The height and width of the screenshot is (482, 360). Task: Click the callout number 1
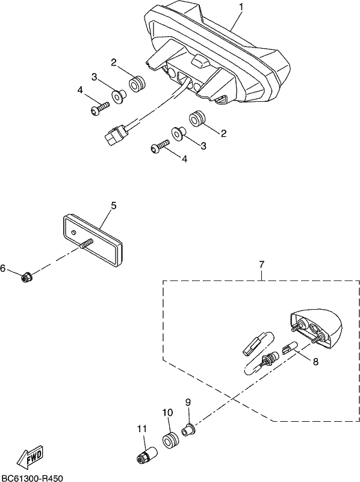[241, 7]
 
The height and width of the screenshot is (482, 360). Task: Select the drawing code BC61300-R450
[32, 478]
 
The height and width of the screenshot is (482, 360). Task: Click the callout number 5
[113, 205]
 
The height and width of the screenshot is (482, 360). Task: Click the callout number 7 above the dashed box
[261, 264]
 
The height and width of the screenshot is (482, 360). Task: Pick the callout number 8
[315, 362]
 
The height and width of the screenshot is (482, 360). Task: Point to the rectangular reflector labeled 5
[93, 239]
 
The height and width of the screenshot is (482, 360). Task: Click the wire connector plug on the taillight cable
[114, 134]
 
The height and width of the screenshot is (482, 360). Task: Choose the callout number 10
[168, 412]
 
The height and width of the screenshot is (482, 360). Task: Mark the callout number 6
[3, 268]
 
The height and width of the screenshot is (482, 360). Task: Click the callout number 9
[188, 402]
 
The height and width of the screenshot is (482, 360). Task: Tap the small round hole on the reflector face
[73, 233]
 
